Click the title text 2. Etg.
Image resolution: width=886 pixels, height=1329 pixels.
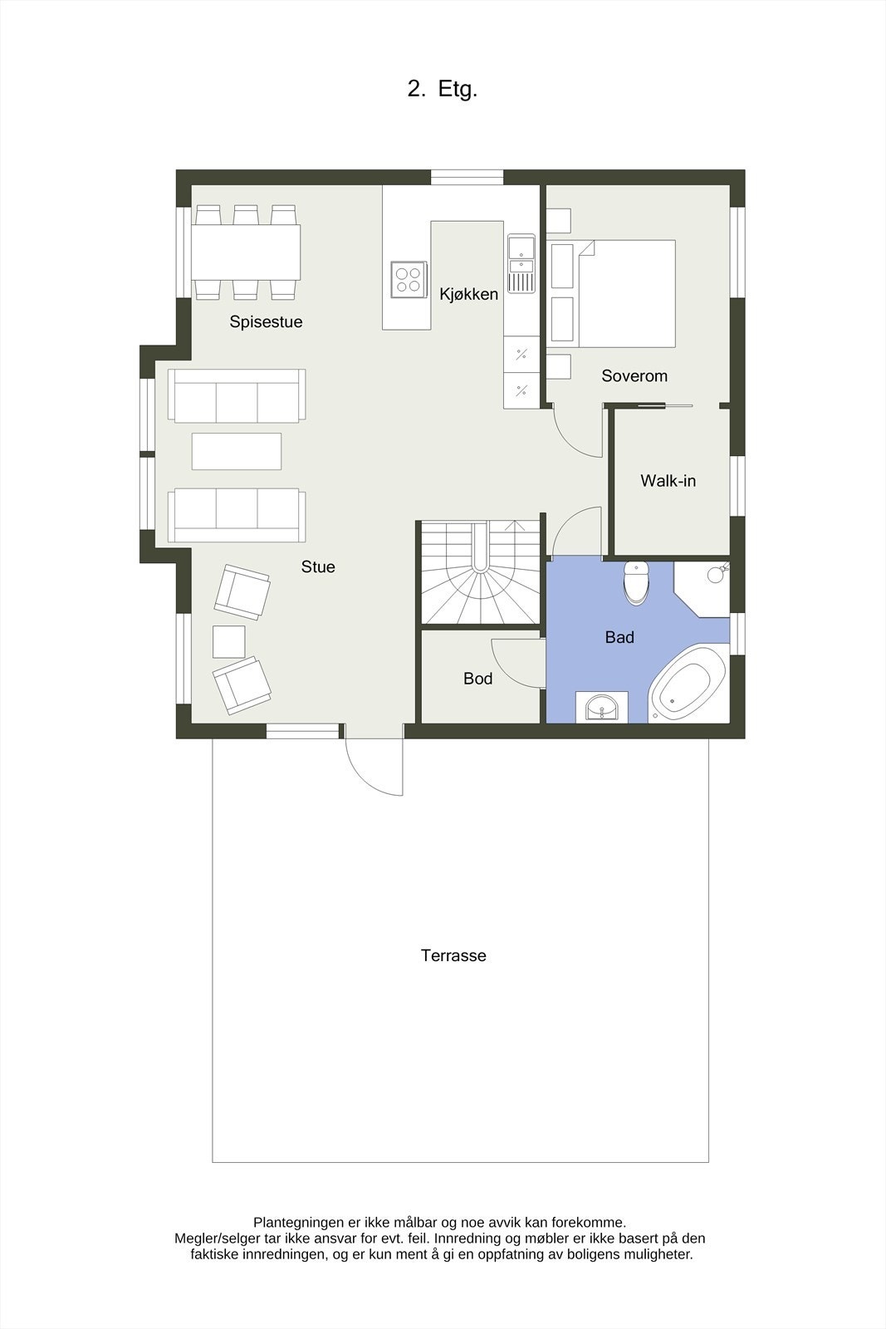[442, 90]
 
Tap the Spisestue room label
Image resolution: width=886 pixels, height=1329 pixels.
[266, 322]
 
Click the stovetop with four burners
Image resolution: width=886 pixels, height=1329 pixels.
[408, 277]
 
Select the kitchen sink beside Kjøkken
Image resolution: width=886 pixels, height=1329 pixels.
[521, 264]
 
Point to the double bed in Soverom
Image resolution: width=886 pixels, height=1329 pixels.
[624, 293]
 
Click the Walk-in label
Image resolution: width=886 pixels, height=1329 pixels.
[668, 481]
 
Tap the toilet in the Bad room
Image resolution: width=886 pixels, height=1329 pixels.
[636, 582]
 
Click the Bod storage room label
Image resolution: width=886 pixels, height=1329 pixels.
[477, 679]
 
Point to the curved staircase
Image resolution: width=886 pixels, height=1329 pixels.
[480, 573]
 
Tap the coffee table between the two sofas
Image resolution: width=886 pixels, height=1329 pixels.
[236, 451]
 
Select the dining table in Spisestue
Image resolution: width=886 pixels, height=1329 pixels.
[246, 252]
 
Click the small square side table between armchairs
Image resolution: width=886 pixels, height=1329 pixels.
[229, 641]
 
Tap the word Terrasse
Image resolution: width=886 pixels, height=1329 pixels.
[453, 956]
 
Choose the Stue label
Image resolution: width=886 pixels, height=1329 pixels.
[318, 567]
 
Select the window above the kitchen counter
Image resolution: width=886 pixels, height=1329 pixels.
[467, 176]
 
